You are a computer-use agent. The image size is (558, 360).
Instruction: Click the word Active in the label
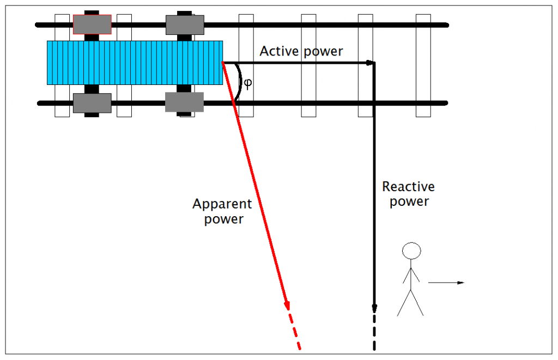coord(279,51)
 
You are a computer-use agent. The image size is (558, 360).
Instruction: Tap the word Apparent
coord(222,205)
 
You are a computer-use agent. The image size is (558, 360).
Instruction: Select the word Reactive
coord(408,186)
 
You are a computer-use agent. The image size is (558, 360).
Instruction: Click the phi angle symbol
coord(248,83)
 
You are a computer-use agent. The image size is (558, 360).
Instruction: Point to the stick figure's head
coord(411,251)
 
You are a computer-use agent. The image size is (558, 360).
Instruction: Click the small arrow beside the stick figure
coord(446,283)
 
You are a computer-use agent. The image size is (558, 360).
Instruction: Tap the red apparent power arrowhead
coord(287,305)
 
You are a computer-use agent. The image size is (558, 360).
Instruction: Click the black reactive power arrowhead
coord(374,308)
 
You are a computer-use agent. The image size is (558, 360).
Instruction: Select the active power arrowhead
coord(371,63)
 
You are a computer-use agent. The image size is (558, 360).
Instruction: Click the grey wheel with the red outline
coord(92,25)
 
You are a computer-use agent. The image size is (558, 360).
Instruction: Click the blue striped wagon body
coord(135,63)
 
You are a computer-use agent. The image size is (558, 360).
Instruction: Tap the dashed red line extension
coord(294,331)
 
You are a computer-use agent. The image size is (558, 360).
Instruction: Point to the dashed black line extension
coord(374,332)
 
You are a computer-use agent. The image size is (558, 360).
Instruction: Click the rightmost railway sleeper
coord(423,65)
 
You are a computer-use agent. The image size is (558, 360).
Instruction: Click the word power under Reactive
coord(409,202)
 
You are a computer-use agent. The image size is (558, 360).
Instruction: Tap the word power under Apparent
coord(224,219)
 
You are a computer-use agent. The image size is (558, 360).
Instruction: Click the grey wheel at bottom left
coord(92,103)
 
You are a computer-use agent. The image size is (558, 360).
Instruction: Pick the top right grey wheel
coord(185,25)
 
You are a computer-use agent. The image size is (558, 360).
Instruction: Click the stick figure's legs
coord(410,303)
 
